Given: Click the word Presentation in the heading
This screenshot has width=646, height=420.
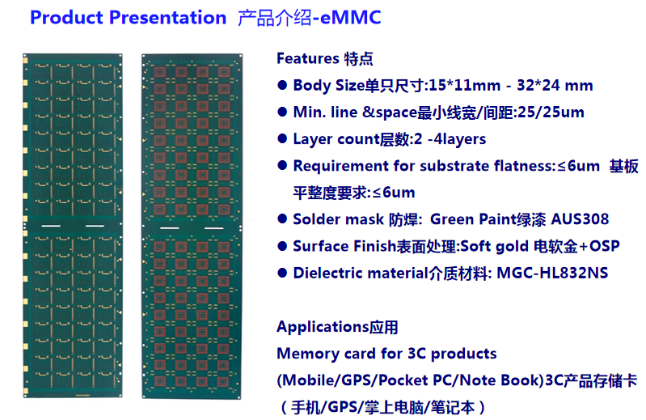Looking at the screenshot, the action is [x=167, y=18].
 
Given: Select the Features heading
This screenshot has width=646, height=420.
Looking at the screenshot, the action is [x=308, y=58].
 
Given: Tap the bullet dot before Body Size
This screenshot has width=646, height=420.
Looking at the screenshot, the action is [x=282, y=85].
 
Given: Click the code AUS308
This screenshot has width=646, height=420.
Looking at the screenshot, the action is [x=580, y=219].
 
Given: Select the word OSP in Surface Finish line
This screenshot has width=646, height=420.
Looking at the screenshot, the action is [x=605, y=246].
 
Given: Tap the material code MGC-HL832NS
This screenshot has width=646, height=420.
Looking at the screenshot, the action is [x=552, y=273].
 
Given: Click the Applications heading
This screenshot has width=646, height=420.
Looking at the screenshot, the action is [x=323, y=327].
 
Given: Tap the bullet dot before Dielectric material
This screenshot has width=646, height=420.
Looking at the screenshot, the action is [x=282, y=273].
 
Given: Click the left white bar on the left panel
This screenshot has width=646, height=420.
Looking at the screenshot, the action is [x=51, y=226].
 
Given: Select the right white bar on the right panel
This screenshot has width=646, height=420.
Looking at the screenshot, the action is [x=213, y=228].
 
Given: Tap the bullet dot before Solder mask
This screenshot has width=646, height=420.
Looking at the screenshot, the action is [x=282, y=219].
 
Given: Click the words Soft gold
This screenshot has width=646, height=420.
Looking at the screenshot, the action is [x=494, y=247].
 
